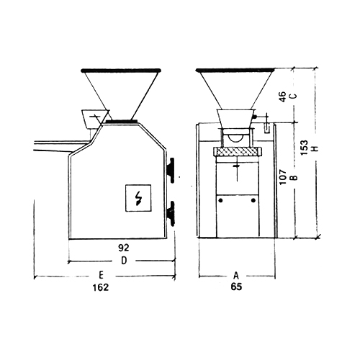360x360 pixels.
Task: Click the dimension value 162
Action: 101,287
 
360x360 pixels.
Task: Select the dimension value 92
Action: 124,248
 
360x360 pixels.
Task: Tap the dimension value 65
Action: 236,287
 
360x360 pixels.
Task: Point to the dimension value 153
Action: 304,148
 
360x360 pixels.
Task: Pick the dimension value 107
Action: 283,177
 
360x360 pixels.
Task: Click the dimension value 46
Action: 283,96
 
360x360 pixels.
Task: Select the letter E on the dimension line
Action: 101,275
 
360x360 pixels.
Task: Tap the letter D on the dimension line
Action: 124,261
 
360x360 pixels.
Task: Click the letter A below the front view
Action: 236,276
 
